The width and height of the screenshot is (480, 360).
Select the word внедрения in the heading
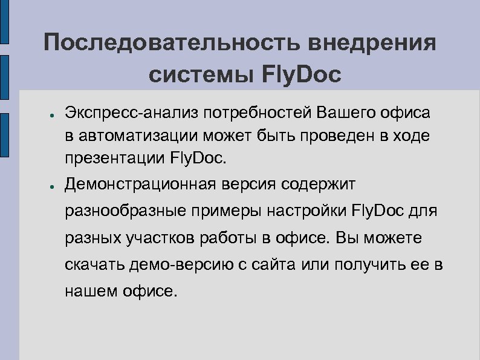(x=371, y=44)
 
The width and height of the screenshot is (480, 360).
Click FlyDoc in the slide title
(x=302, y=75)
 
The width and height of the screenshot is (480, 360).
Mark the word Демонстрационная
(x=141, y=183)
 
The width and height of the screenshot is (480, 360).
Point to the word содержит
(x=326, y=183)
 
